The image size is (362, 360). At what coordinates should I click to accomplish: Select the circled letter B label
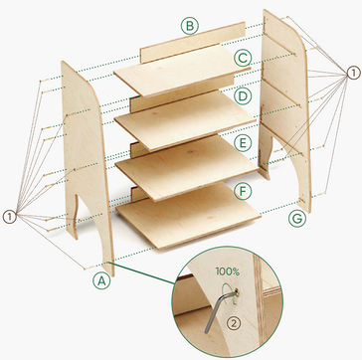pyautogui.click(x=189, y=25)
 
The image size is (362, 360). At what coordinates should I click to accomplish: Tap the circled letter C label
pyautogui.click(x=243, y=58)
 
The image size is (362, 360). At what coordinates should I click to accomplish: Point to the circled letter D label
pyautogui.click(x=243, y=97)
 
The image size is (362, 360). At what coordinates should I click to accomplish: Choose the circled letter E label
pyautogui.click(x=243, y=143)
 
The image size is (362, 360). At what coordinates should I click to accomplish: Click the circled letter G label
pyautogui.click(x=295, y=217)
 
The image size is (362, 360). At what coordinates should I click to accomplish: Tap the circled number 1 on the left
pyautogui.click(x=9, y=216)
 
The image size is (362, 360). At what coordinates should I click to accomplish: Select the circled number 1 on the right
pyautogui.click(x=354, y=73)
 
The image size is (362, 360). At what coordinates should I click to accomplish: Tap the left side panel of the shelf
pyautogui.click(x=84, y=159)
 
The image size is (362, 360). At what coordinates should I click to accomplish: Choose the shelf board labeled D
pyautogui.click(x=184, y=116)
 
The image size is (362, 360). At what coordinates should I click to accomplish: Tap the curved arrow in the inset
pyautogui.click(x=235, y=289)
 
